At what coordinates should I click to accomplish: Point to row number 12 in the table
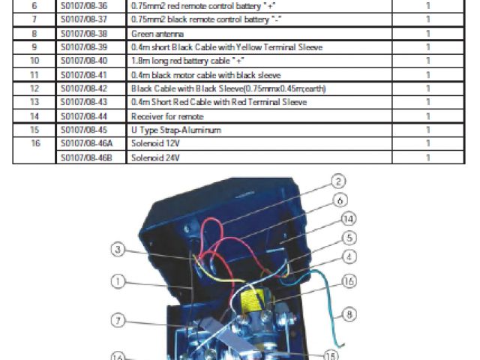pyautogui.click(x=34, y=88)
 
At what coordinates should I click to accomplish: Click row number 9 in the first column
pyautogui.click(x=34, y=47)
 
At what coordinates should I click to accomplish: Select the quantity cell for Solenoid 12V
pyautogui.click(x=427, y=143)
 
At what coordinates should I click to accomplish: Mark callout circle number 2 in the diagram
pyautogui.click(x=339, y=181)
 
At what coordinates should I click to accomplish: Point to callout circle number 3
pyautogui.click(x=118, y=249)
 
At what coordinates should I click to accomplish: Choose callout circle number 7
pyautogui.click(x=118, y=320)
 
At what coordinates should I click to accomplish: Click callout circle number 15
pyautogui.click(x=331, y=356)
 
